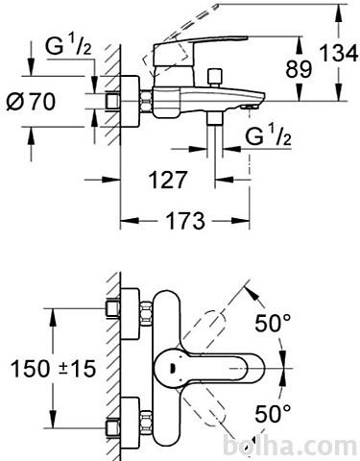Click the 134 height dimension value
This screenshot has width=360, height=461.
pyautogui.click(x=339, y=53)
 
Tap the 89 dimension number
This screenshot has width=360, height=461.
pyautogui.click(x=299, y=69)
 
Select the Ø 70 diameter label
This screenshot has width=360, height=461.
pyautogui.click(x=31, y=102)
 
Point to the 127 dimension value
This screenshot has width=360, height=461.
pyautogui.click(x=168, y=180)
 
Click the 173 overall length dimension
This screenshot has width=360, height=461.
pyautogui.click(x=185, y=221)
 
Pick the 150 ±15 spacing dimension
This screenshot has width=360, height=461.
pyautogui.click(x=53, y=368)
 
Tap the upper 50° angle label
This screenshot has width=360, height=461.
pyautogui.click(x=273, y=323)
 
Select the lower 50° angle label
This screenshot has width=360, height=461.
pyautogui.click(x=273, y=413)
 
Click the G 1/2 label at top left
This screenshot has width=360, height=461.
pyautogui.click(x=68, y=46)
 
